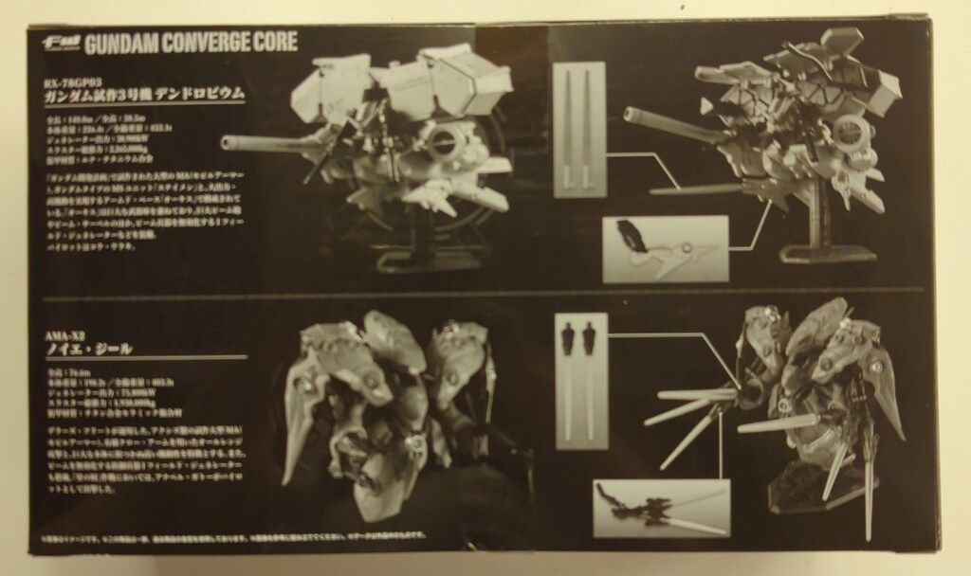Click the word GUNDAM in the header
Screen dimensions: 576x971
pos(119,43)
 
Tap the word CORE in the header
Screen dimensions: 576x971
pos(270,43)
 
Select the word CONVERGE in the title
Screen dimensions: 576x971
pos(199,43)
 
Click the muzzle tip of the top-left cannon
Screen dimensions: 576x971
pos(226,144)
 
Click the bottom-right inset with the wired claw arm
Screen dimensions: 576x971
pos(661,508)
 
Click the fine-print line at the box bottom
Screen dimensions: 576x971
pos(284,541)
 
